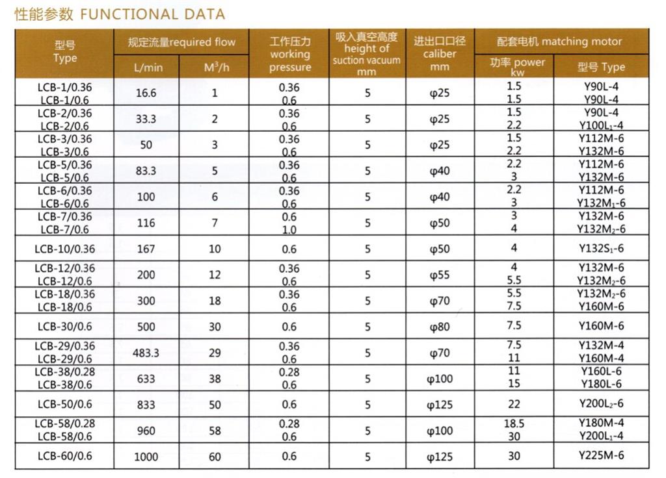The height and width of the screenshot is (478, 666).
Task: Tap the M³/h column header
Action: tap(215, 67)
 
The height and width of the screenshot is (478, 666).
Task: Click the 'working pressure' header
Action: tap(290, 55)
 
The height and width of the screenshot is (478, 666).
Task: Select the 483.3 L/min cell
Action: tap(146, 353)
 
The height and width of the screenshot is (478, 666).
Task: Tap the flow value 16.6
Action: tap(146, 93)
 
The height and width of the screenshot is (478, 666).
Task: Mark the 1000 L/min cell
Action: tap(146, 457)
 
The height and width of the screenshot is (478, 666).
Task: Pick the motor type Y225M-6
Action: tap(601, 456)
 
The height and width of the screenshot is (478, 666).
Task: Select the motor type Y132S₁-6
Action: tap(601, 248)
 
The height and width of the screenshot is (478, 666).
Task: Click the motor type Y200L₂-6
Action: tap(601, 404)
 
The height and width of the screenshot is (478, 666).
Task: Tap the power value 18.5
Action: tap(514, 423)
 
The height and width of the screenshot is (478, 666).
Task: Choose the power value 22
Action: tap(514, 404)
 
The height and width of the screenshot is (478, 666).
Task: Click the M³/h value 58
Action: tap(215, 431)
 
